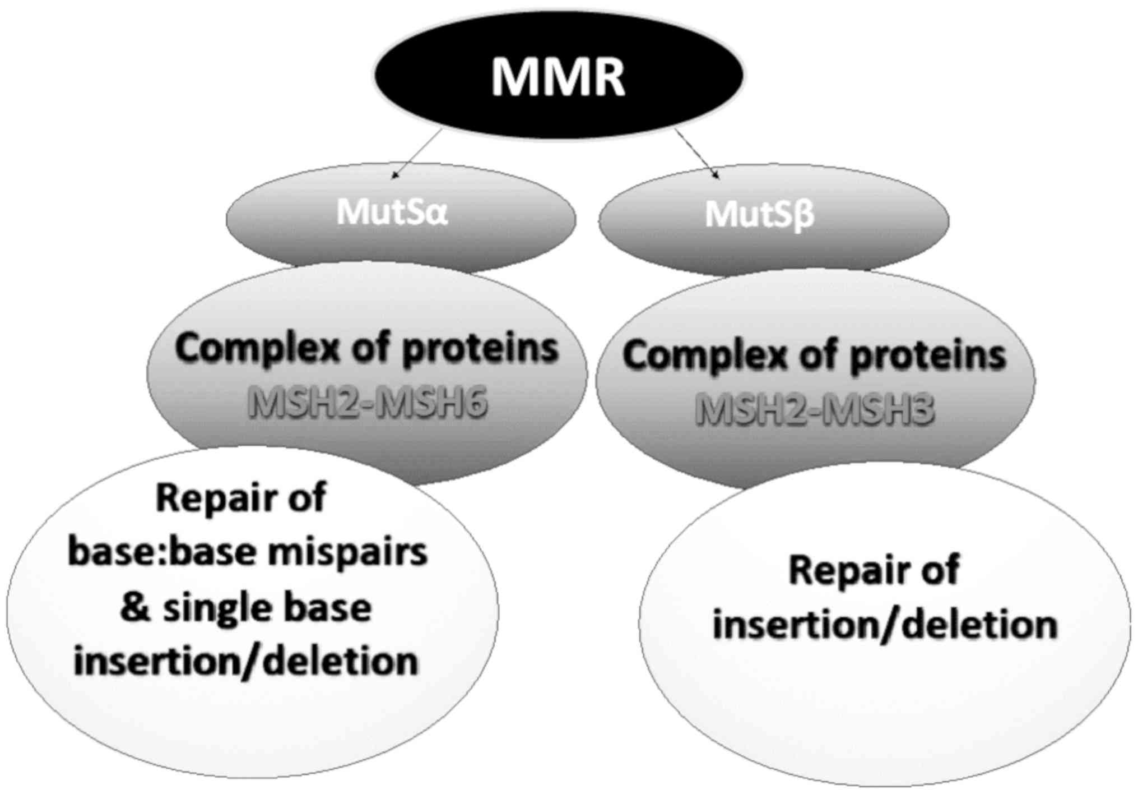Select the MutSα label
(x=392, y=211)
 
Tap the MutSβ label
(x=759, y=214)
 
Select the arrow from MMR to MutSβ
(x=697, y=154)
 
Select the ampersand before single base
(x=134, y=607)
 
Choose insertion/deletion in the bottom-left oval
(x=246, y=662)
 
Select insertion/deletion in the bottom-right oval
(x=885, y=624)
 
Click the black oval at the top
(x=558, y=75)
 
